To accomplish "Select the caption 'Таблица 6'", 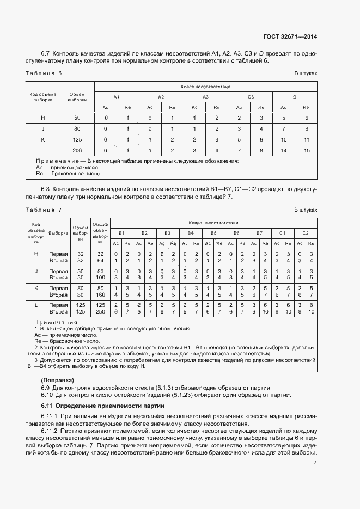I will (x=44, y=73).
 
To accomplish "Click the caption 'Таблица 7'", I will (x=44, y=210).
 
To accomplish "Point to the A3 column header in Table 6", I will (x=205, y=97).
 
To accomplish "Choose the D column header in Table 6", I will (x=295, y=97).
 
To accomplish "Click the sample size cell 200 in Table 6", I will (x=77, y=150).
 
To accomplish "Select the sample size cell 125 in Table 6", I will (x=77, y=139).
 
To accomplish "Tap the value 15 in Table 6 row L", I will (x=306, y=150).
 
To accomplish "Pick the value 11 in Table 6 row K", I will (x=306, y=139).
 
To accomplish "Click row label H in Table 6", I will (x=43, y=118).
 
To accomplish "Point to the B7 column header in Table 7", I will (x=259, y=232).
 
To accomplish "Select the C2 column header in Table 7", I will (x=305, y=232).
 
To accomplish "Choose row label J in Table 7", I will (x=36, y=271).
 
